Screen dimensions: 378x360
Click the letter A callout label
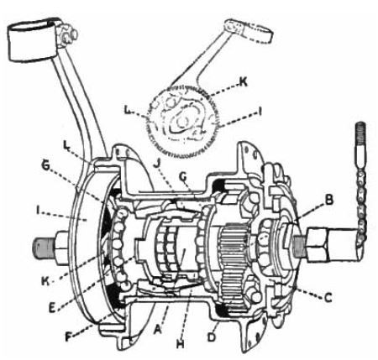158,330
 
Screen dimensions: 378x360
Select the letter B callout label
328,200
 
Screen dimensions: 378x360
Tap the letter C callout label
328,297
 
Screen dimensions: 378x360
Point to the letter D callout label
212,337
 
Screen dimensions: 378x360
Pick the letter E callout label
52,307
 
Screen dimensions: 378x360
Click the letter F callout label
68,337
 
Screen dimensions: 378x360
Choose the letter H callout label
181,344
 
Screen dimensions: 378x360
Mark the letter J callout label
156,164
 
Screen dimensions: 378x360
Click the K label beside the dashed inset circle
243,82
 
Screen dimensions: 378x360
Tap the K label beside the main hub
45,281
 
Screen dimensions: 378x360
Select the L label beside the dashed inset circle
128,110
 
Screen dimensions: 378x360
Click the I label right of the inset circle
260,112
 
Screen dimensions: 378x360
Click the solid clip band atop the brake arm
32,40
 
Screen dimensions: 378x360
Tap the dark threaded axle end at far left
43,249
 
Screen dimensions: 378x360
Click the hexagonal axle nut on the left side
62,248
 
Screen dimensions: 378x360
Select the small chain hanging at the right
360,207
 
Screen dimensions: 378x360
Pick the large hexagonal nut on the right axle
318,244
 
